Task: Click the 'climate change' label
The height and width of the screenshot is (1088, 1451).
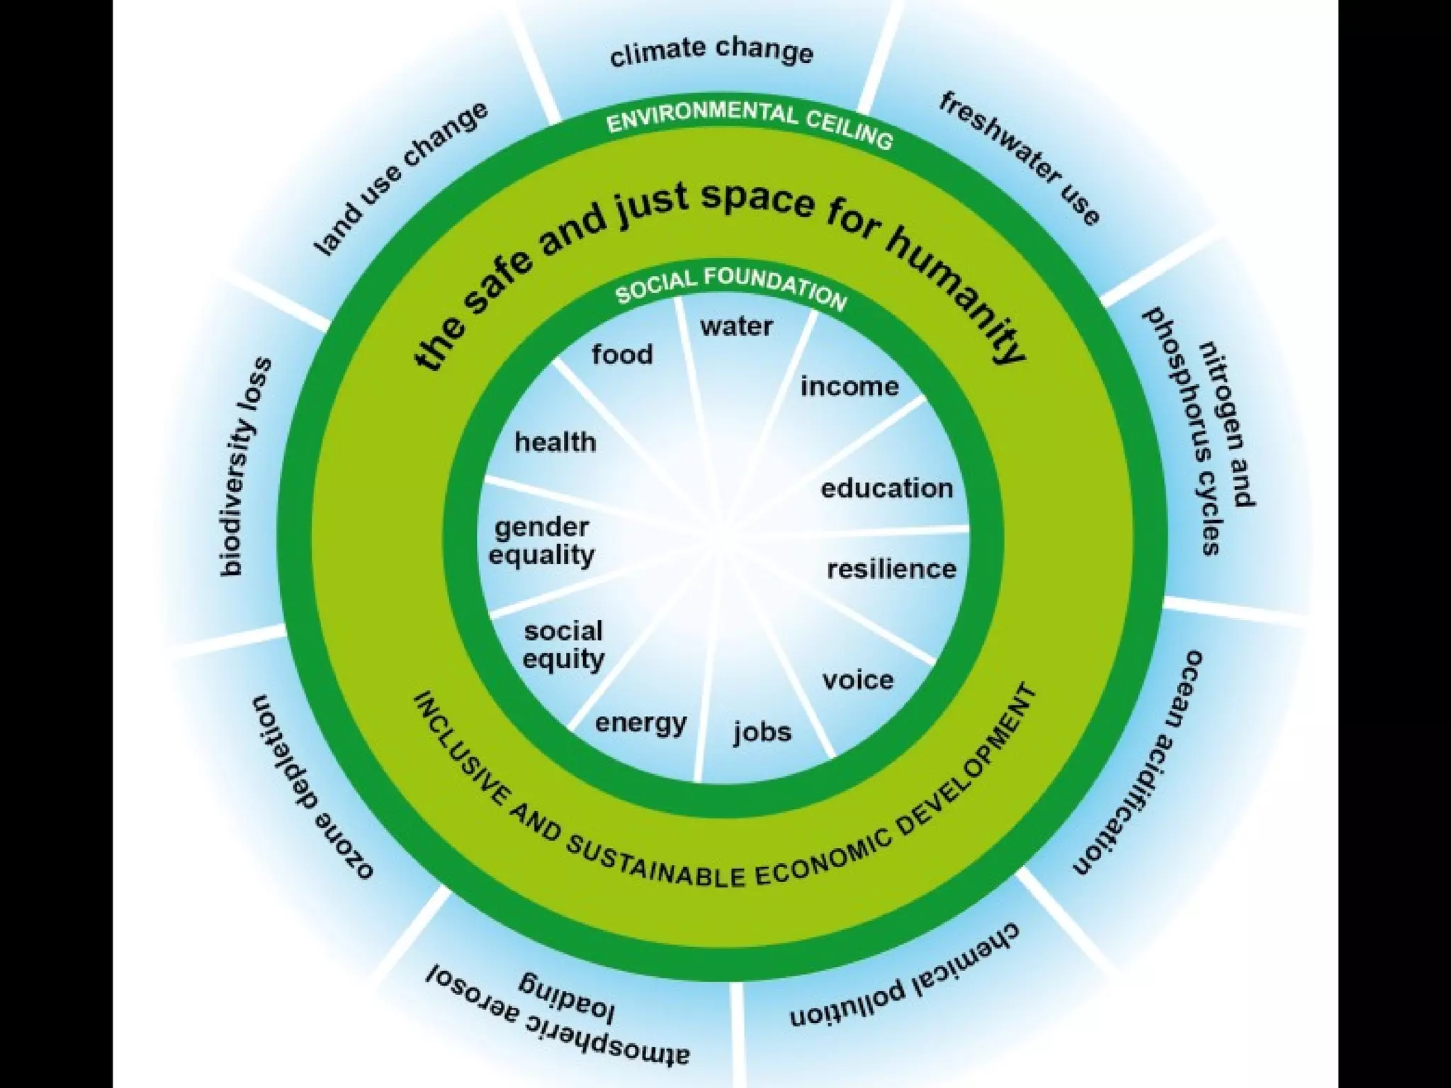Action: (x=711, y=52)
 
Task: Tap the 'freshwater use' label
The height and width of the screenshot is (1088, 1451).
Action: (x=1020, y=159)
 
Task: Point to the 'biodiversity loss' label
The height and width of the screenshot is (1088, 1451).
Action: (x=245, y=467)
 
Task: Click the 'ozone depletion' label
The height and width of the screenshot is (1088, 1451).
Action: (x=312, y=786)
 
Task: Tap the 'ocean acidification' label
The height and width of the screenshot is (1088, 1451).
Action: (x=1134, y=762)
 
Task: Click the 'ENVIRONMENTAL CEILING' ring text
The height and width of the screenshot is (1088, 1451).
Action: (x=749, y=125)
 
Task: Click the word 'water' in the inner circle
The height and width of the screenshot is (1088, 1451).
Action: (x=736, y=327)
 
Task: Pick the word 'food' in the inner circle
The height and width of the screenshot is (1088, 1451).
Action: (x=622, y=354)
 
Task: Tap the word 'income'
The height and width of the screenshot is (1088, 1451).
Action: (x=849, y=387)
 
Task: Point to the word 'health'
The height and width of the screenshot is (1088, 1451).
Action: (x=555, y=442)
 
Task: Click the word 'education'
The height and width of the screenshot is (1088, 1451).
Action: (x=886, y=489)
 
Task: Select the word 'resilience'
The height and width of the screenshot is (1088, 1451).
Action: (x=891, y=569)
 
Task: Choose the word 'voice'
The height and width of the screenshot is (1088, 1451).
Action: (x=857, y=680)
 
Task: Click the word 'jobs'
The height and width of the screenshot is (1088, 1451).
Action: (x=762, y=732)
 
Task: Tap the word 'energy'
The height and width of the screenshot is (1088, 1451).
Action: (x=640, y=723)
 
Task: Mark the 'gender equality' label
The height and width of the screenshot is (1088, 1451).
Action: (x=542, y=541)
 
